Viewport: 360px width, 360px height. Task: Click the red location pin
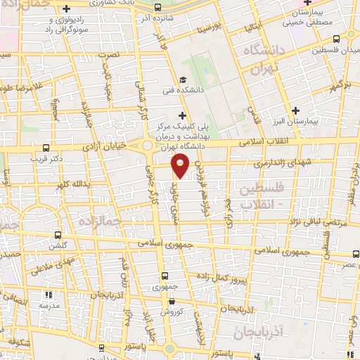[181, 166]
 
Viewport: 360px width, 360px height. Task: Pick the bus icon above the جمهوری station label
[165, 276]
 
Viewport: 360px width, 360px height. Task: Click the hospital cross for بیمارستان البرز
[296, 110]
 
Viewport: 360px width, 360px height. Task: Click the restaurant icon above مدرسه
[48, 295]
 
